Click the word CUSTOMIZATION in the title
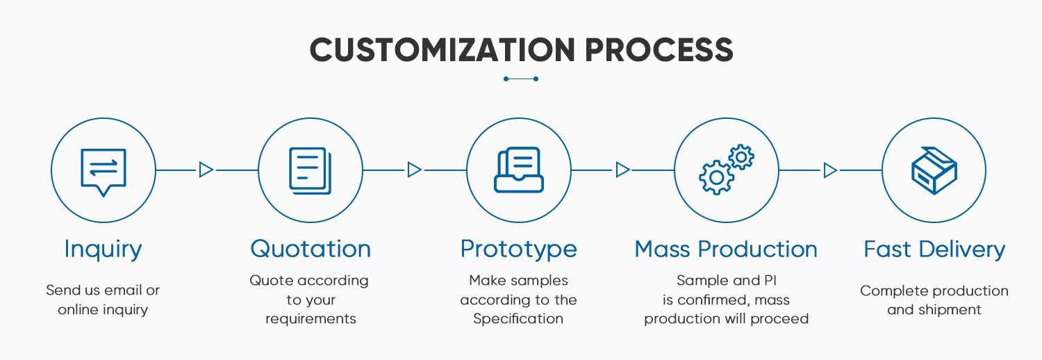click(443, 50)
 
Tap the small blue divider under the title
click(521, 79)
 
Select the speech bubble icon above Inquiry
click(104, 171)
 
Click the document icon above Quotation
click(310, 170)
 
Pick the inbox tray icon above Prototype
click(519, 170)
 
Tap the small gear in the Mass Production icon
click(742, 157)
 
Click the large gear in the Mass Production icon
click(716, 177)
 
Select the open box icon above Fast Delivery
click(934, 170)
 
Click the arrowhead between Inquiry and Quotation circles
click(206, 170)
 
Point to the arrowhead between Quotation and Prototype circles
click(414, 170)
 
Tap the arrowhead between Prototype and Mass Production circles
click(622, 170)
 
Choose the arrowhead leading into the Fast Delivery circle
click(830, 170)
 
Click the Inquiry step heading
click(103, 249)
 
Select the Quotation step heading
click(311, 249)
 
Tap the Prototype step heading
click(518, 249)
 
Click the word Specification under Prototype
click(518, 319)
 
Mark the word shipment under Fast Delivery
click(948, 310)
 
